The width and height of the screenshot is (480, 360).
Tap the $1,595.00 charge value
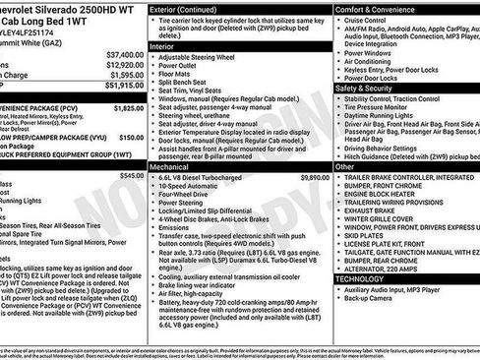tap(125, 74)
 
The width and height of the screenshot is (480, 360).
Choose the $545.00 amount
tap(130, 175)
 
